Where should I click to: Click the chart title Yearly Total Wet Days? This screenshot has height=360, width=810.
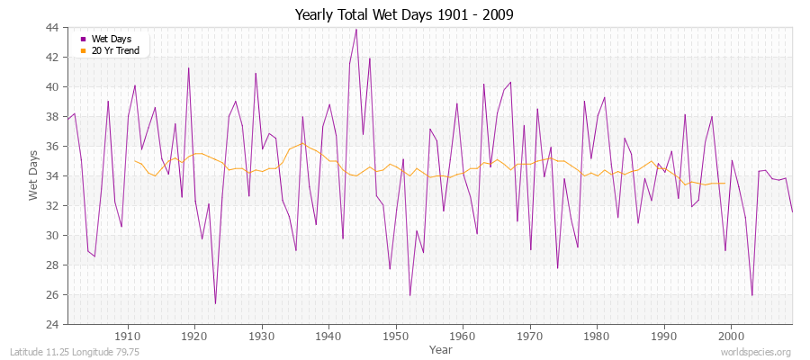tap(405, 15)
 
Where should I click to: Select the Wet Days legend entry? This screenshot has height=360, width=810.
tap(111, 39)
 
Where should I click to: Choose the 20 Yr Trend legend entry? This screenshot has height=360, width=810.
tap(115, 50)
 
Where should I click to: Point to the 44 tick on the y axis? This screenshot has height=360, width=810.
tap(51, 28)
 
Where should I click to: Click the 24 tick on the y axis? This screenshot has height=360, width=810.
tap(51, 324)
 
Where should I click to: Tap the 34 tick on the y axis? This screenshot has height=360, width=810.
tap(51, 175)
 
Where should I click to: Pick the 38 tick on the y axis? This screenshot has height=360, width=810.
tap(51, 116)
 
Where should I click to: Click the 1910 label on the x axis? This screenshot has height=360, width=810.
tap(128, 336)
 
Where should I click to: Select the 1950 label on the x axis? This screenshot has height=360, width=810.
tap(395, 336)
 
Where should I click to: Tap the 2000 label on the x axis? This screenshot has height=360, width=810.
tap(730, 336)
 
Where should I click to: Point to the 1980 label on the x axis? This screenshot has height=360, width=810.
tap(596, 336)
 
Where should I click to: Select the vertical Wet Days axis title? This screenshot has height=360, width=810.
tap(33, 176)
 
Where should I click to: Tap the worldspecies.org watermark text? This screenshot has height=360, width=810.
tap(755, 353)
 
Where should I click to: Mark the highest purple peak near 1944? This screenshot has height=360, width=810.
tap(356, 29)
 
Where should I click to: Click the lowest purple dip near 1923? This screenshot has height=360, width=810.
tap(215, 303)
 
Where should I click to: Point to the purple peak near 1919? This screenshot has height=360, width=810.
tap(188, 67)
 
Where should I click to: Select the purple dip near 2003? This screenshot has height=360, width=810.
tap(751, 295)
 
